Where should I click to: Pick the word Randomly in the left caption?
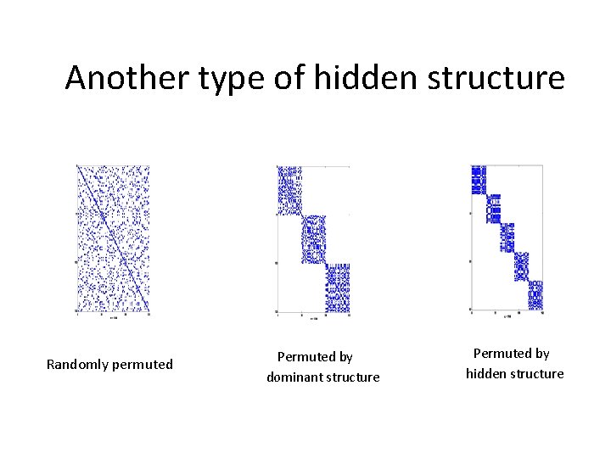click(76, 365)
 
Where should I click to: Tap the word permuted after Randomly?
click(141, 365)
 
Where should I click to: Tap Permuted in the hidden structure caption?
click(511, 354)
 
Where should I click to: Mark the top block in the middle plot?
click(289, 190)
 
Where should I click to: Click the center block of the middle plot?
click(314, 238)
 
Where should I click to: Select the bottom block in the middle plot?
click(338, 288)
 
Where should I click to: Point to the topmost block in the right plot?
click(479, 180)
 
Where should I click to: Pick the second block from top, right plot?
click(493, 209)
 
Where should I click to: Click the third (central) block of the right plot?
click(507, 237)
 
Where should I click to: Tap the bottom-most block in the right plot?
click(535, 295)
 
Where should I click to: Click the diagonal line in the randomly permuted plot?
click(113, 238)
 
